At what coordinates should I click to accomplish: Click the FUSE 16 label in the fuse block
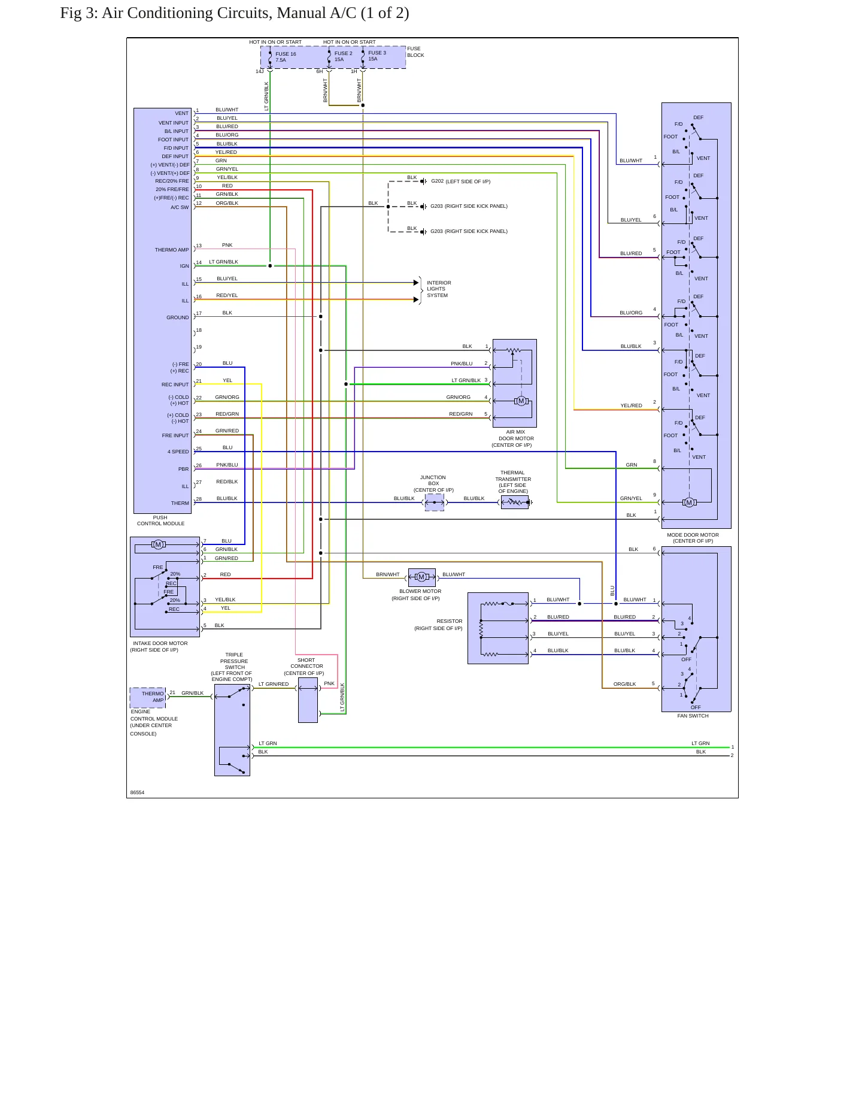pos(286,54)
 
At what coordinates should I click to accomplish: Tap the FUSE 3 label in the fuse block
pos(377,53)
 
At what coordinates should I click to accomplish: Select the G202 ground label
pos(438,181)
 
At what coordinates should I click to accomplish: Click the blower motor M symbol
pos(421,577)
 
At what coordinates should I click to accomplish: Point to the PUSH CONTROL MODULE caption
pos(160,520)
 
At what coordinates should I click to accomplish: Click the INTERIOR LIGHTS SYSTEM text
pos(439,289)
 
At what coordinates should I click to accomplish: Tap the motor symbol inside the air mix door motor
pos(521,401)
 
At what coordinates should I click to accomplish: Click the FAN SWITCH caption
pos(693,716)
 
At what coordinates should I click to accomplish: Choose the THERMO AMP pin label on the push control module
pos(171,250)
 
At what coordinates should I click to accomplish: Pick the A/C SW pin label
pos(180,207)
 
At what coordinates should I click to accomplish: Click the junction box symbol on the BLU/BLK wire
pos(435,503)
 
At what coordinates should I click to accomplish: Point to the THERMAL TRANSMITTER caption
pos(513,482)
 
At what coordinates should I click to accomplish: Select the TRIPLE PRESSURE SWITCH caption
pos(233,667)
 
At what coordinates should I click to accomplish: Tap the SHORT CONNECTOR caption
pos(305,667)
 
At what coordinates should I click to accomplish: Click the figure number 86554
pos(137,792)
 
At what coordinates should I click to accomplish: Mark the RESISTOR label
pos(450,621)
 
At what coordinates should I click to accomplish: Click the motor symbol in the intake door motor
pos(158,544)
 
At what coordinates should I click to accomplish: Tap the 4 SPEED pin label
pos(178,452)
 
